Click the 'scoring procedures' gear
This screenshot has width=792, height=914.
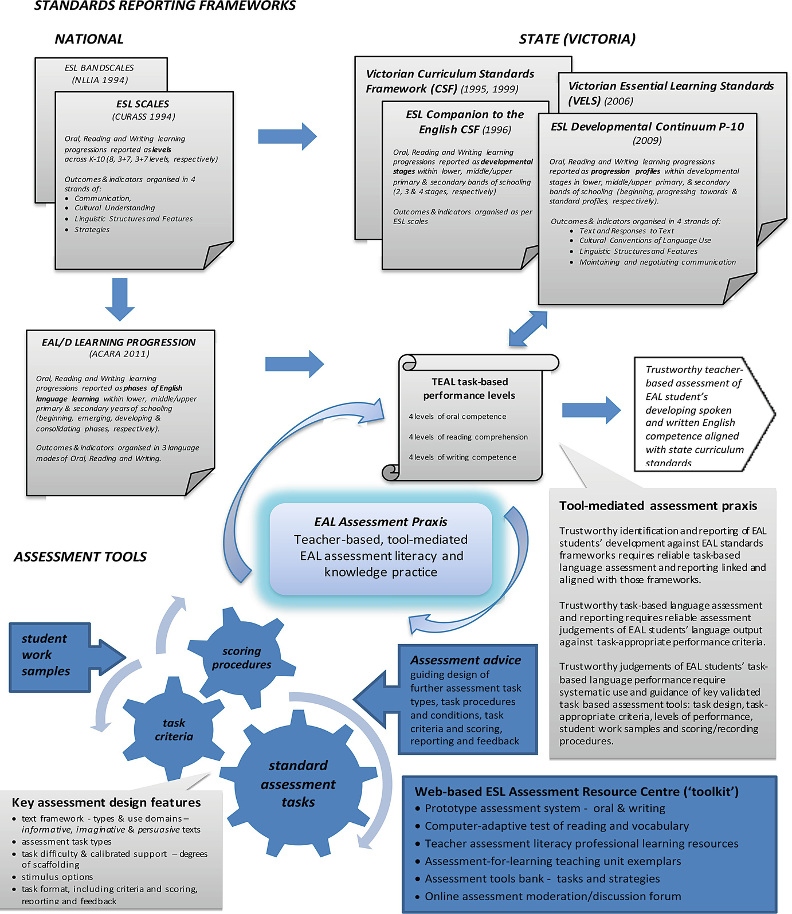coord(241,658)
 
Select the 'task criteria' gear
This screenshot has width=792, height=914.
coord(174,729)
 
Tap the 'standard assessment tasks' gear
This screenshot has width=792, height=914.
coord(298,783)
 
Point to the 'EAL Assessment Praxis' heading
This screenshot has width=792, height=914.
coord(381,522)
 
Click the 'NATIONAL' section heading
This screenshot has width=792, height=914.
coord(89,39)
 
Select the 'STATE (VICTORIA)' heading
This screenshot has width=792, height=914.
coord(577,39)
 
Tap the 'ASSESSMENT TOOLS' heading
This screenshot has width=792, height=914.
coord(80,557)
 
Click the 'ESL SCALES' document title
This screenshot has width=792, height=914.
coord(143,104)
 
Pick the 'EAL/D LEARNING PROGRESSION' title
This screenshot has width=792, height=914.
coord(119,343)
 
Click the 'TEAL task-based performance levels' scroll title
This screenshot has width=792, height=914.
coord(469,389)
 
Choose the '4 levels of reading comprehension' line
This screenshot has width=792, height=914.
coord(468,437)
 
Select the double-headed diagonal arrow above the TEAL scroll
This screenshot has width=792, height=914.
coord(528,329)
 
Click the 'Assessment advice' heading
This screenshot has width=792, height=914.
coord(465,660)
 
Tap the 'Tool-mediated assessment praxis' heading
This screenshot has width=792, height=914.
coord(658,506)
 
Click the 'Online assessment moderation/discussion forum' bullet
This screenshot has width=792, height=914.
coord(552,896)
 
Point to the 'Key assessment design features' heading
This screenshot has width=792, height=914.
coord(106,803)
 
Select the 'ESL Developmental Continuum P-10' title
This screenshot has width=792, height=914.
coord(648,127)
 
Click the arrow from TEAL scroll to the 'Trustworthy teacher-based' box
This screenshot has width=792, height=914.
coord(591,410)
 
